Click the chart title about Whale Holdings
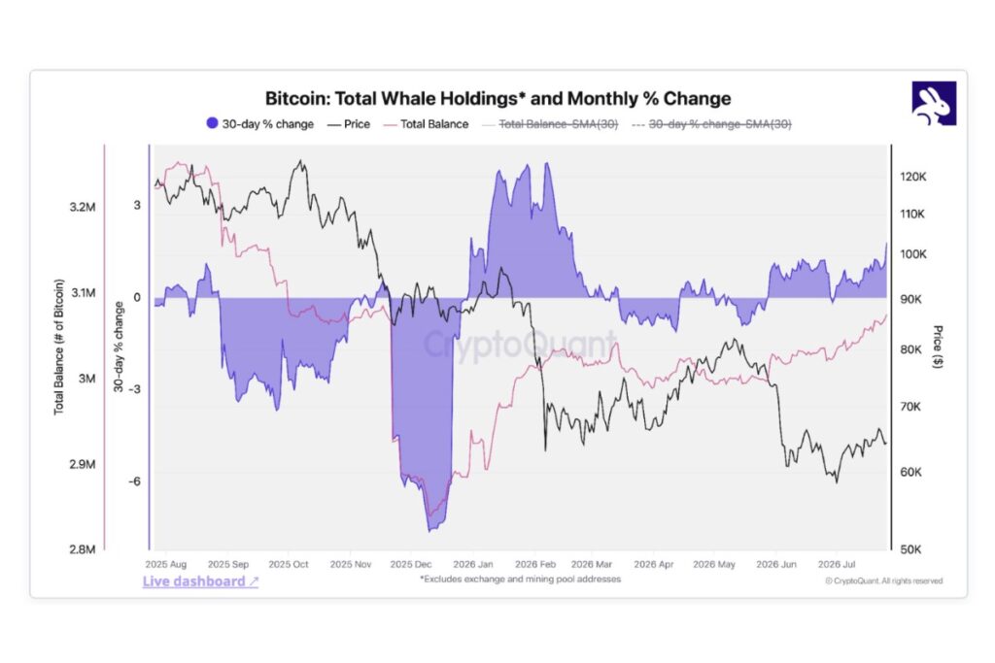pyautogui.click(x=497, y=99)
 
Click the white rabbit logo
pyautogui.click(x=934, y=104)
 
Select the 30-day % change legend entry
pyautogui.click(x=260, y=124)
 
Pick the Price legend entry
pyautogui.click(x=349, y=124)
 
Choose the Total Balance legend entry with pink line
pyautogui.click(x=426, y=124)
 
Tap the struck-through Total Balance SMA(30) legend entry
pyautogui.click(x=550, y=124)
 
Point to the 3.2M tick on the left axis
pyautogui.click(x=83, y=208)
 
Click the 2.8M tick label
pyautogui.click(x=83, y=549)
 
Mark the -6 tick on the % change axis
pyautogui.click(x=134, y=481)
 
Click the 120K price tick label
pyautogui.click(x=913, y=177)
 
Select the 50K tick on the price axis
pyautogui.click(x=910, y=549)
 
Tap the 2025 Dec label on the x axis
pyautogui.click(x=411, y=564)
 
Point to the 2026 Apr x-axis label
pyautogui.click(x=654, y=564)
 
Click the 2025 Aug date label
pyautogui.click(x=166, y=564)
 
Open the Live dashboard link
pyautogui.click(x=200, y=581)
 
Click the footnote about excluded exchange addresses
pyautogui.click(x=521, y=579)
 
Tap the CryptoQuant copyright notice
pyautogui.click(x=884, y=580)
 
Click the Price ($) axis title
pyautogui.click(x=938, y=347)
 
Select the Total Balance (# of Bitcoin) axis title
pyautogui.click(x=59, y=348)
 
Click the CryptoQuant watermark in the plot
pyautogui.click(x=520, y=345)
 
